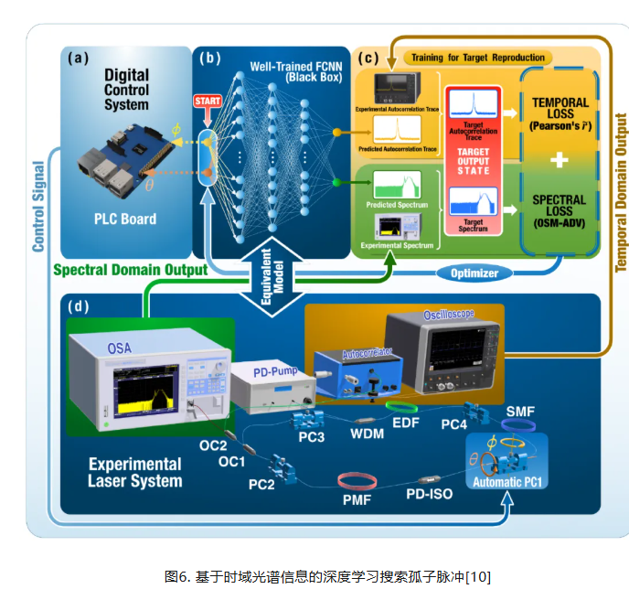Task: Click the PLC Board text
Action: coord(125,219)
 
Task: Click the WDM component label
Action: coord(367,434)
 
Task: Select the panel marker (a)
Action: coord(78,59)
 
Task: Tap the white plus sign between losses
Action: coord(560,158)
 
